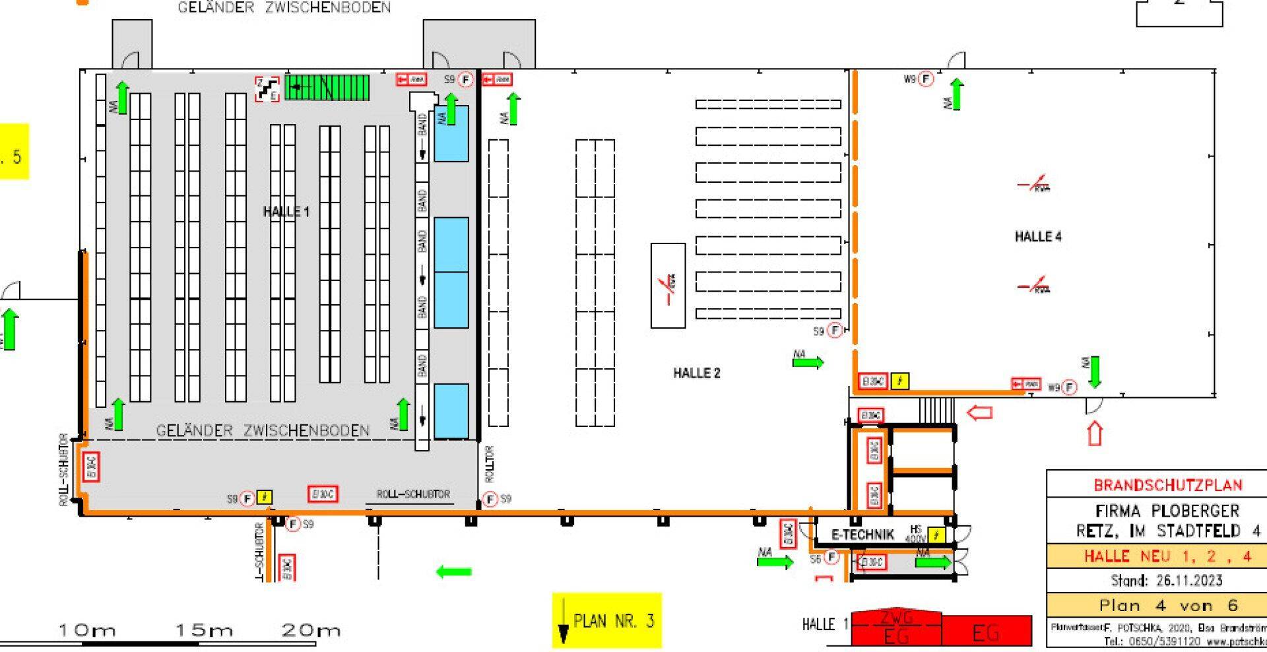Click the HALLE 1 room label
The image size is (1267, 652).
pyautogui.click(x=286, y=212)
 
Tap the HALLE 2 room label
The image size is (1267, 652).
pyautogui.click(x=696, y=373)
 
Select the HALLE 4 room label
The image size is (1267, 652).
pyautogui.click(x=1038, y=236)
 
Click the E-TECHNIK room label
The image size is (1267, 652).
pyautogui.click(x=862, y=535)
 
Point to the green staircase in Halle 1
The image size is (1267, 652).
pyautogui.click(x=327, y=87)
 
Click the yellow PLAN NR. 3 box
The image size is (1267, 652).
pyautogui.click(x=606, y=620)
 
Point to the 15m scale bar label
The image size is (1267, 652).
pyautogui.click(x=204, y=630)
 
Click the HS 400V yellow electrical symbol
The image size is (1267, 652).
pyautogui.click(x=936, y=535)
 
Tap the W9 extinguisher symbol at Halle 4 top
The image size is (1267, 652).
pyautogui.click(x=926, y=79)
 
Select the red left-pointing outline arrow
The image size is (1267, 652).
pyautogui.click(x=979, y=413)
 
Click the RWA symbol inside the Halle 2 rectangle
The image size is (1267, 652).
pyautogui.click(x=668, y=285)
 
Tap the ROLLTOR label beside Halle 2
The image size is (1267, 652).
pyautogui.click(x=490, y=463)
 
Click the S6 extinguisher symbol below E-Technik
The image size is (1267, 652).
pyautogui.click(x=831, y=558)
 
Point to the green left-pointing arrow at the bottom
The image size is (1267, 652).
pyautogui.click(x=454, y=571)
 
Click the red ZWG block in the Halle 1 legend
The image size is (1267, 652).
pyautogui.click(x=896, y=618)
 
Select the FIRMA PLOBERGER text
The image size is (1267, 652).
pyautogui.click(x=1167, y=511)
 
